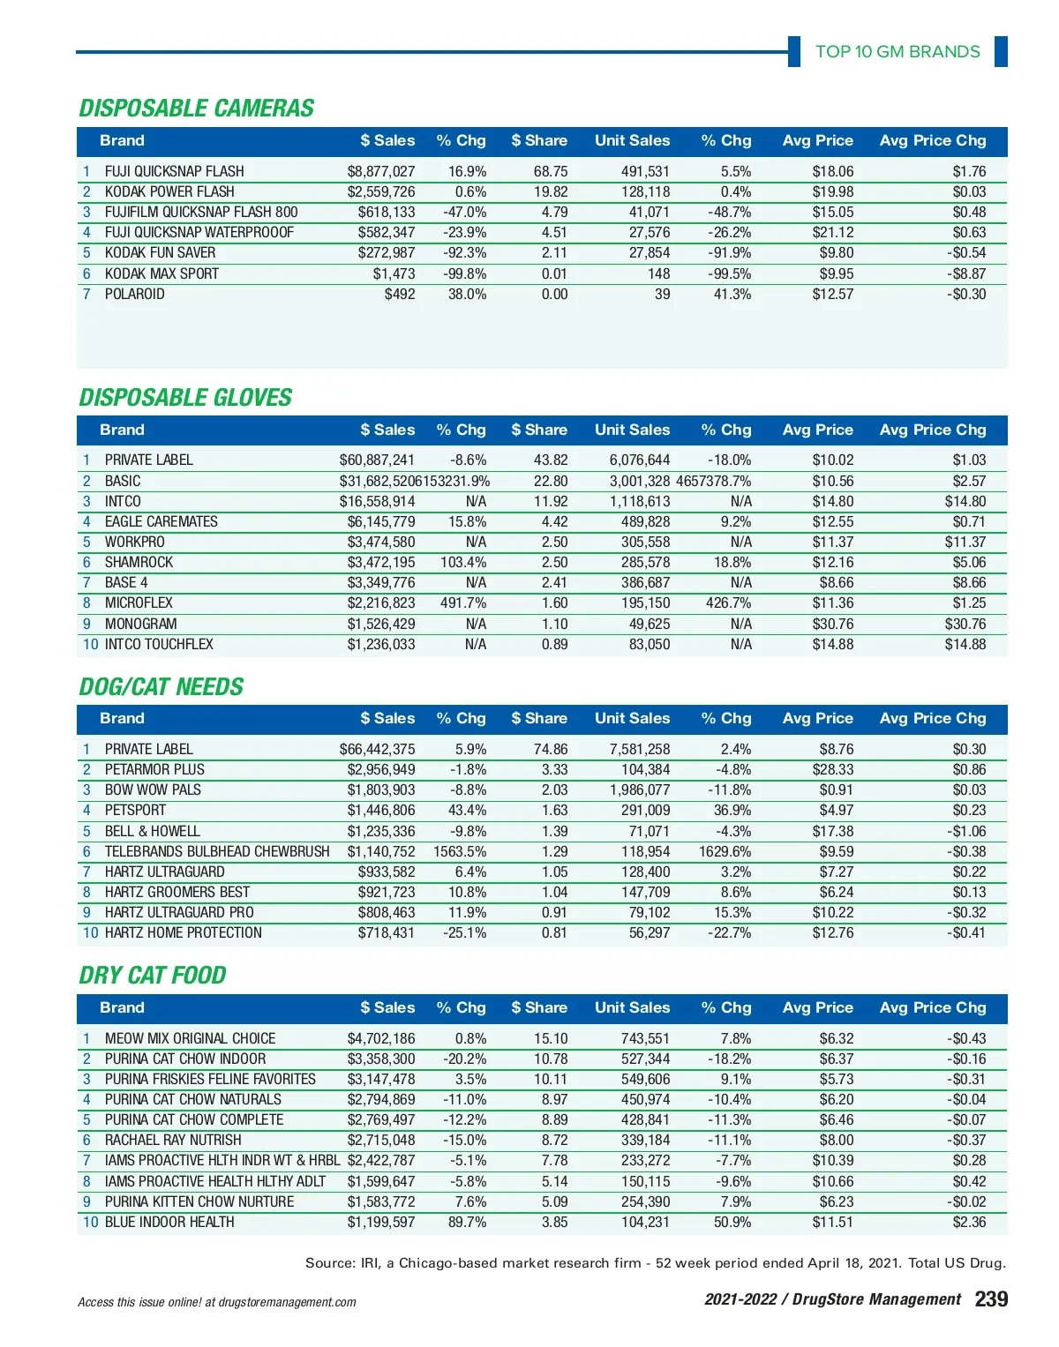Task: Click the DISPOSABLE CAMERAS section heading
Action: pos(197,109)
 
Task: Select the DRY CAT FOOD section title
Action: pos(153,976)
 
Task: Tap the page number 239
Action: pos(991,1298)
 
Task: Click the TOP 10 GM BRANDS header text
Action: pos(898,51)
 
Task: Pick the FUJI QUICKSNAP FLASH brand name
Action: pos(174,171)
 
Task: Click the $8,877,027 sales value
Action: pos(380,171)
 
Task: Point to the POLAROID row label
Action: pos(134,294)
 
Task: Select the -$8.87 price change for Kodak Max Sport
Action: pos(966,273)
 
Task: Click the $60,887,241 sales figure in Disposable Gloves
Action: pos(377,460)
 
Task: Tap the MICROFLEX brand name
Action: pos(139,602)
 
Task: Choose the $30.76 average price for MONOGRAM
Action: pos(833,624)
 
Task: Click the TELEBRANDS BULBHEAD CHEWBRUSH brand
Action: pos(216,851)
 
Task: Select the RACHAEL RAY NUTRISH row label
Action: pos(173,1140)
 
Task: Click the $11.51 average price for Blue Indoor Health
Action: pos(833,1222)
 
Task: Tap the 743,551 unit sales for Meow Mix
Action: pos(645,1038)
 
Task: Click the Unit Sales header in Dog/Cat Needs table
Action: pos(632,718)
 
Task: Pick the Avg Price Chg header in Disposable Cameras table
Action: pos(933,140)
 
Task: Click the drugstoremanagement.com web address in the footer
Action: pos(287,1302)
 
